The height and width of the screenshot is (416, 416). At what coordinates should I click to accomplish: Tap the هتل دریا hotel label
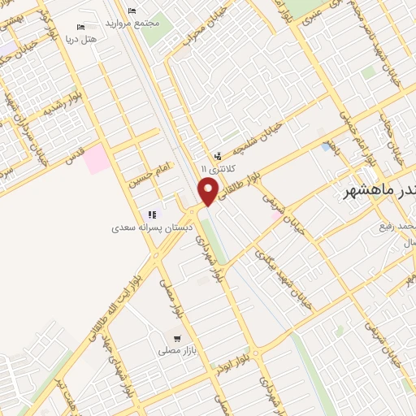click(81, 38)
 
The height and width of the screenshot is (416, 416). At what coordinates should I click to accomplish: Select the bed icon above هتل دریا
click(81, 26)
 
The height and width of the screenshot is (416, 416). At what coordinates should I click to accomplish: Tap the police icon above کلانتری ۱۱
click(217, 155)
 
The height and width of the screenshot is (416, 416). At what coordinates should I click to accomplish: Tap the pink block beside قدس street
click(96, 158)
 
